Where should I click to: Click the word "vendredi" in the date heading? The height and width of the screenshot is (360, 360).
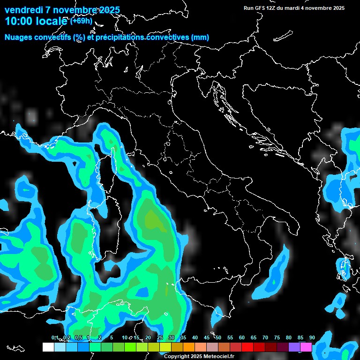[23, 10]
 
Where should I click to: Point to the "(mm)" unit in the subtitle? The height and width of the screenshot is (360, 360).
[200, 37]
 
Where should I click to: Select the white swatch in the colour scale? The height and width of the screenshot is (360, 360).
[48, 347]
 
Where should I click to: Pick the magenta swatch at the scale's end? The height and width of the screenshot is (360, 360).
[306, 347]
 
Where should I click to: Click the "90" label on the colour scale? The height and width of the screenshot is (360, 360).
[312, 338]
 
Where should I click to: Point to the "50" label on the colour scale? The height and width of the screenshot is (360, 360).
[218, 338]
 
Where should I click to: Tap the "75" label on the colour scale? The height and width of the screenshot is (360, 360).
[277, 338]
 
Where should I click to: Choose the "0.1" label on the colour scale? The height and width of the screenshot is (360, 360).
[55, 338]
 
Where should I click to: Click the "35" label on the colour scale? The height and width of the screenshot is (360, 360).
[183, 338]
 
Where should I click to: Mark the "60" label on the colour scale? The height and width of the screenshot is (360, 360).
[242, 338]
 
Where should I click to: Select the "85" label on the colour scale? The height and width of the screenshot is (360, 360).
[300, 338]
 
